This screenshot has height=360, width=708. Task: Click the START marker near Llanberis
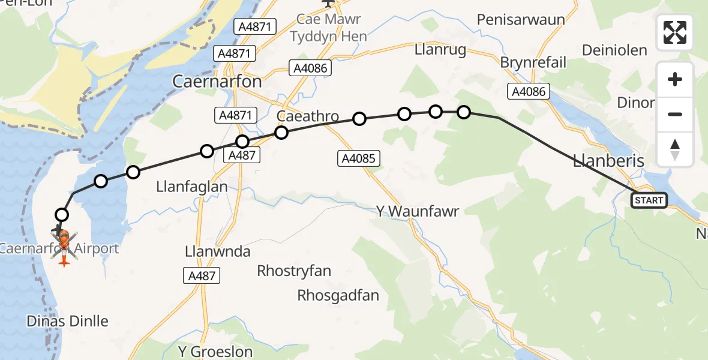tap(649, 200)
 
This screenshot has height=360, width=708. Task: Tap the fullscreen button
tap(675, 32)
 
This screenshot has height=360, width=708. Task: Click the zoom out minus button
tap(675, 114)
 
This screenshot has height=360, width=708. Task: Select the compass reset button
tap(675, 149)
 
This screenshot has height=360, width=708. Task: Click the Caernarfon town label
tap(217, 81)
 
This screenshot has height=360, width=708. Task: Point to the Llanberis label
tap(608, 161)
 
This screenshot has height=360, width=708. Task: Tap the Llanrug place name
tap(440, 50)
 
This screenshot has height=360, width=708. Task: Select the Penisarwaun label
tap(521, 19)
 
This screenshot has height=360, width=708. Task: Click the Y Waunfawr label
tap(417, 211)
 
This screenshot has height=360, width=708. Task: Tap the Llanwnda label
tap(217, 251)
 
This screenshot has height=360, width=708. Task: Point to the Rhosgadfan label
tap(338, 295)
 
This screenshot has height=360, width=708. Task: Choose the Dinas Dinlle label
tap(68, 321)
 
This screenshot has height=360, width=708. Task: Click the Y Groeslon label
tap(216, 351)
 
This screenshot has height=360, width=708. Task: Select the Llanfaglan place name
tap(192, 187)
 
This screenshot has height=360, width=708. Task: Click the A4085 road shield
tap(358, 158)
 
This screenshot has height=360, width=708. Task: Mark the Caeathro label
tap(308, 116)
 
